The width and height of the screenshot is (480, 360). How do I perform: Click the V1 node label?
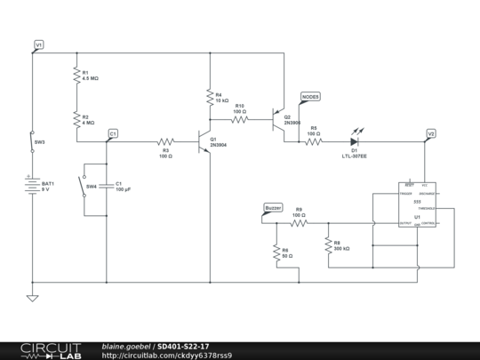(38, 44)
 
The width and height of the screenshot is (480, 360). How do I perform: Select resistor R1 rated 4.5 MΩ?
(76, 76)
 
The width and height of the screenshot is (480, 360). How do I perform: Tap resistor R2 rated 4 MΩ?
(76, 116)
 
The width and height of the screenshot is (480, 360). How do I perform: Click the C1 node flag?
(113, 133)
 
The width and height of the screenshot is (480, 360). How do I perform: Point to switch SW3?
(31, 141)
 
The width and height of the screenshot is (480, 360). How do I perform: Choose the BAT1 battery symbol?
(31, 186)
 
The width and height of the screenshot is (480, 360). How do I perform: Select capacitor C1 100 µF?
(107, 187)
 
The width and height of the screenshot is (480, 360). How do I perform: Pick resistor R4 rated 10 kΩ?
(209, 98)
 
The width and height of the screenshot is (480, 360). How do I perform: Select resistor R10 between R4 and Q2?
(239, 119)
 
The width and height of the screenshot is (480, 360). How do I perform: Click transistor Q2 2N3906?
(278, 119)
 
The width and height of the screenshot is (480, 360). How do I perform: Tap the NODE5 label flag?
(309, 96)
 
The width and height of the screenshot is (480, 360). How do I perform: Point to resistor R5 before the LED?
(314, 141)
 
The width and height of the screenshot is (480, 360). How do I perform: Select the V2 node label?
(431, 133)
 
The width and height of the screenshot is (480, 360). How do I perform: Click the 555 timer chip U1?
(417, 204)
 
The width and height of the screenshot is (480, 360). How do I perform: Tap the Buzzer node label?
(275, 208)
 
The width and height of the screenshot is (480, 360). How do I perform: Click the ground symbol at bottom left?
(31, 297)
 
